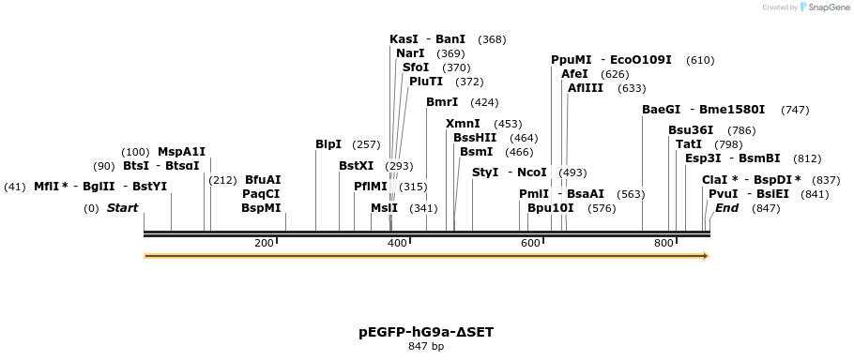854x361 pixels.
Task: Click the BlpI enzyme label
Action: [328, 144]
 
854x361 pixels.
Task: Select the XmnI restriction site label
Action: [463, 124]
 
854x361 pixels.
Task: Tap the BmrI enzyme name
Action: [442, 102]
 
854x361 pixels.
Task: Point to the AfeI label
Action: [574, 73]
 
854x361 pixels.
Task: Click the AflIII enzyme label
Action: [586, 88]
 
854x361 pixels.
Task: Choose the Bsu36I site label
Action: [691, 130]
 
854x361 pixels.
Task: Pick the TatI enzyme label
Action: [689, 144]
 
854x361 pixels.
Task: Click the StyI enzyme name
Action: [485, 173]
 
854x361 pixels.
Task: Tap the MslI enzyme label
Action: [384, 208]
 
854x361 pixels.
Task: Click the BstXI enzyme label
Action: [357, 166]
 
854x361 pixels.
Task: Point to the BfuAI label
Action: [263, 179]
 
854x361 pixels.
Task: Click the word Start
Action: [122, 208]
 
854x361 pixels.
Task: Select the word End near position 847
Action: [727, 208]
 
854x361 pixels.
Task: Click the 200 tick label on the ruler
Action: [264, 244]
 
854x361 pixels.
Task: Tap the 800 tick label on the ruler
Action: [663, 244]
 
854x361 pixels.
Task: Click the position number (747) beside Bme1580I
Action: [794, 110]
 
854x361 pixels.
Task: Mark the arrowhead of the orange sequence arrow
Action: [705, 255]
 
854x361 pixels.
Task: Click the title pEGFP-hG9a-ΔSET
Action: [426, 332]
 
